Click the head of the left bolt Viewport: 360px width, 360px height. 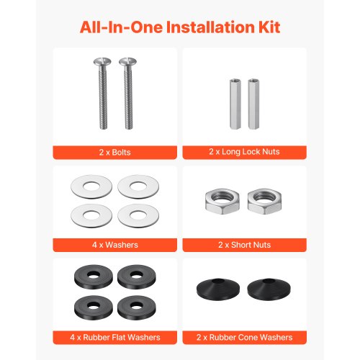(x=102, y=62)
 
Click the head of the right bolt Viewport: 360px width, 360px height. (x=127, y=62)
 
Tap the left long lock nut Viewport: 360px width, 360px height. (x=235, y=104)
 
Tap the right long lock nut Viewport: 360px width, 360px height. (x=253, y=104)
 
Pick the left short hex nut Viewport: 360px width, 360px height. (x=222, y=201)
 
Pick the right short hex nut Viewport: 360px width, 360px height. (x=264, y=201)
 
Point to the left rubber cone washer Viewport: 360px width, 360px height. (x=218, y=290)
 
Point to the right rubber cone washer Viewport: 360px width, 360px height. (x=269, y=290)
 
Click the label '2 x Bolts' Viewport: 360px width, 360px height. (x=114, y=153)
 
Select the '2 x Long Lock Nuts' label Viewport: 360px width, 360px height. (x=244, y=152)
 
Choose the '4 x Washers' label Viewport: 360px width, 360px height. (x=115, y=245)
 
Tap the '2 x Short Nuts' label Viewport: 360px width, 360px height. (x=244, y=245)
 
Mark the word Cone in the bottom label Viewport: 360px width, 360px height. (x=249, y=337)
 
